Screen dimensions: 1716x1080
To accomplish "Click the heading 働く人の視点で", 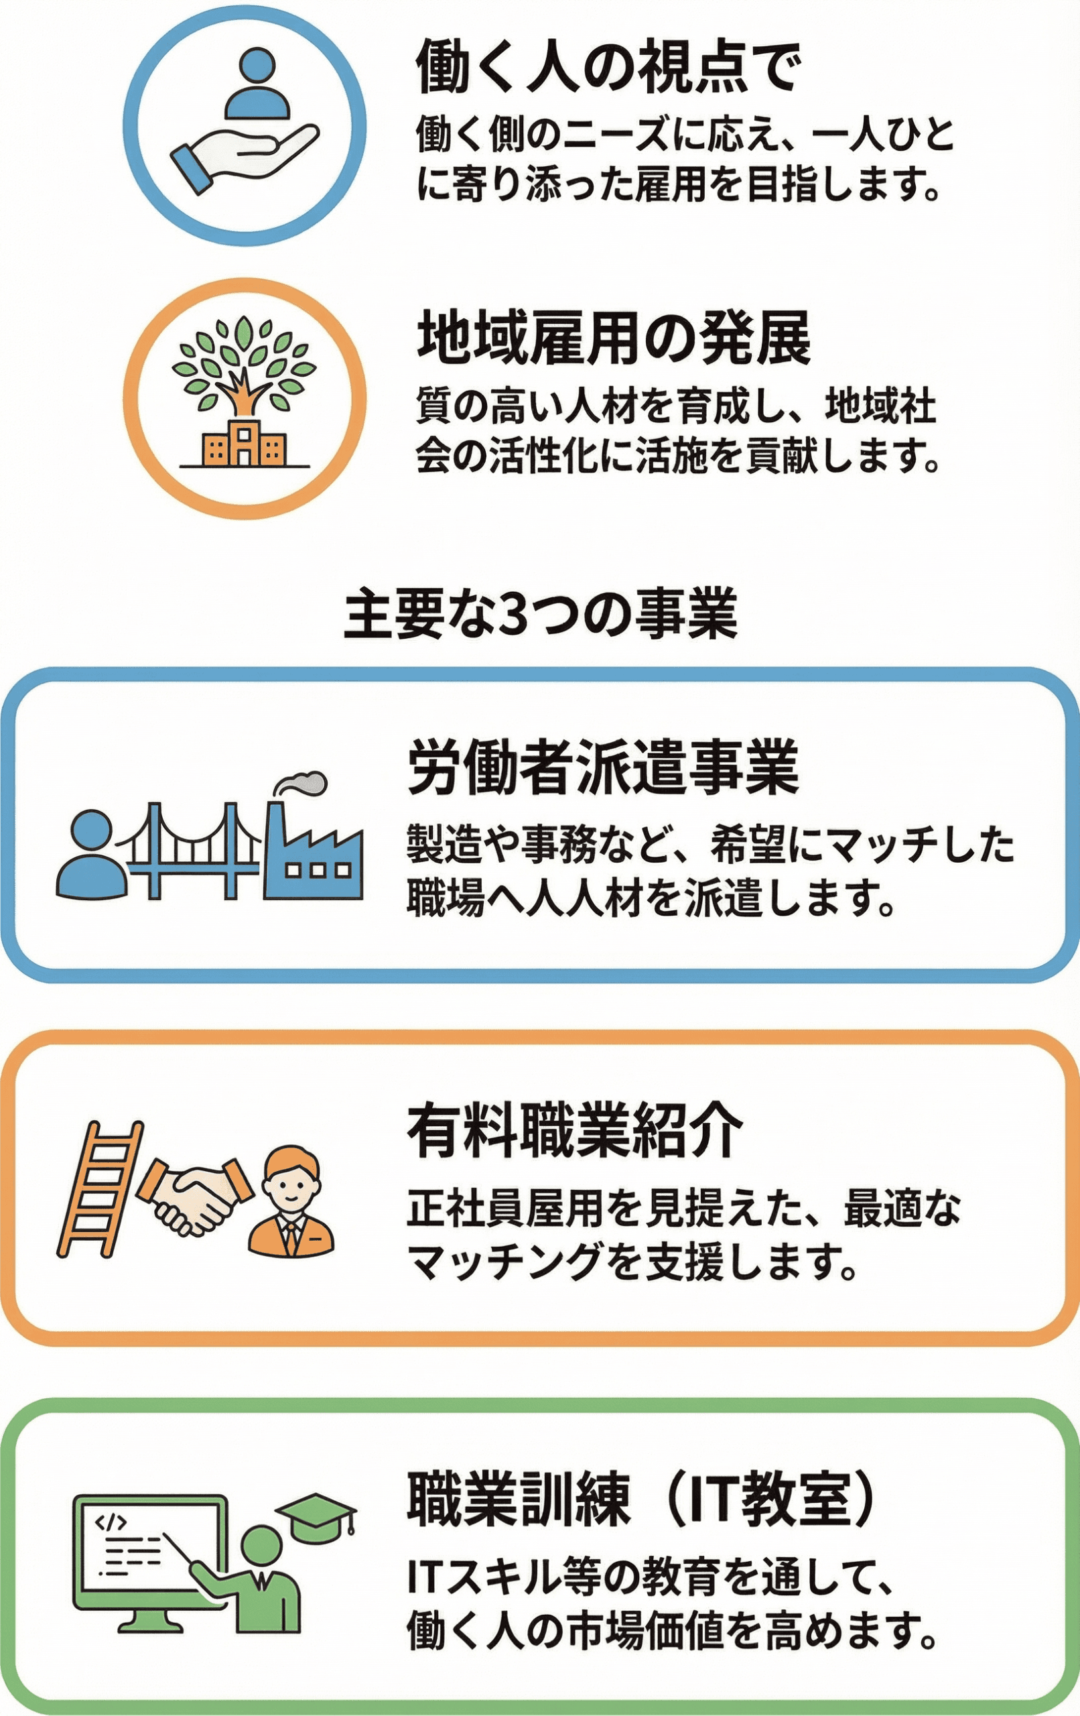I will coord(608,68).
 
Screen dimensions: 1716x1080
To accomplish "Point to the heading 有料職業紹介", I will coord(575,1131).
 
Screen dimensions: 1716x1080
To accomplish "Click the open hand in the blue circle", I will coord(243,153).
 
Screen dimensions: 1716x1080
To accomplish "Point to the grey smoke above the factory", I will coord(302,783).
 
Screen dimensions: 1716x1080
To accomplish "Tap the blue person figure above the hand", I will coord(257,84).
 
